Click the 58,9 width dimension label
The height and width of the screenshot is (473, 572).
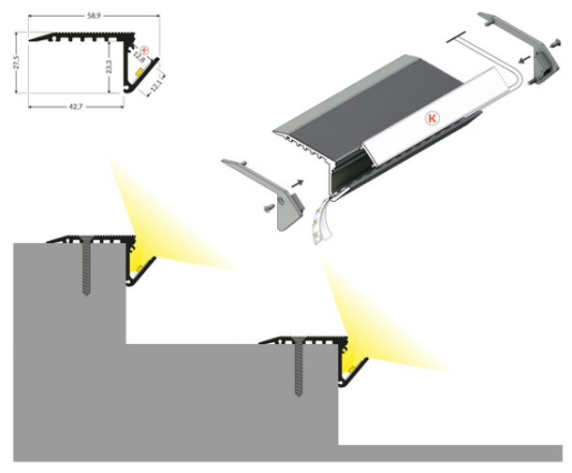pos(95,15)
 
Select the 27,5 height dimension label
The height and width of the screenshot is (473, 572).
pos(15,62)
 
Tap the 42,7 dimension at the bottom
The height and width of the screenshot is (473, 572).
pos(76,107)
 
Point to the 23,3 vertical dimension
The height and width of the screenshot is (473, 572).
pos(110,66)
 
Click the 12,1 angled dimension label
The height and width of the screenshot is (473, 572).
pos(155,85)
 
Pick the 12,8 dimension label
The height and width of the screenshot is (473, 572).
pos(139,57)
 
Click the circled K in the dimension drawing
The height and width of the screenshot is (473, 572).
pos(144,50)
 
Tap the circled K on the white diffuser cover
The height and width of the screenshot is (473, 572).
pos(433,118)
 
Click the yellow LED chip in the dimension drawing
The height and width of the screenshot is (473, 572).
pos(139,71)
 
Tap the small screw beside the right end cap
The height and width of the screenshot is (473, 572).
pos(555,43)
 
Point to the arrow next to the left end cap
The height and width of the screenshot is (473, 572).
pos(298,183)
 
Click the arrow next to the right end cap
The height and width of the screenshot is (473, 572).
pos(524,58)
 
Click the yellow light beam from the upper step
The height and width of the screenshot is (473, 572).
pos(160,222)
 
